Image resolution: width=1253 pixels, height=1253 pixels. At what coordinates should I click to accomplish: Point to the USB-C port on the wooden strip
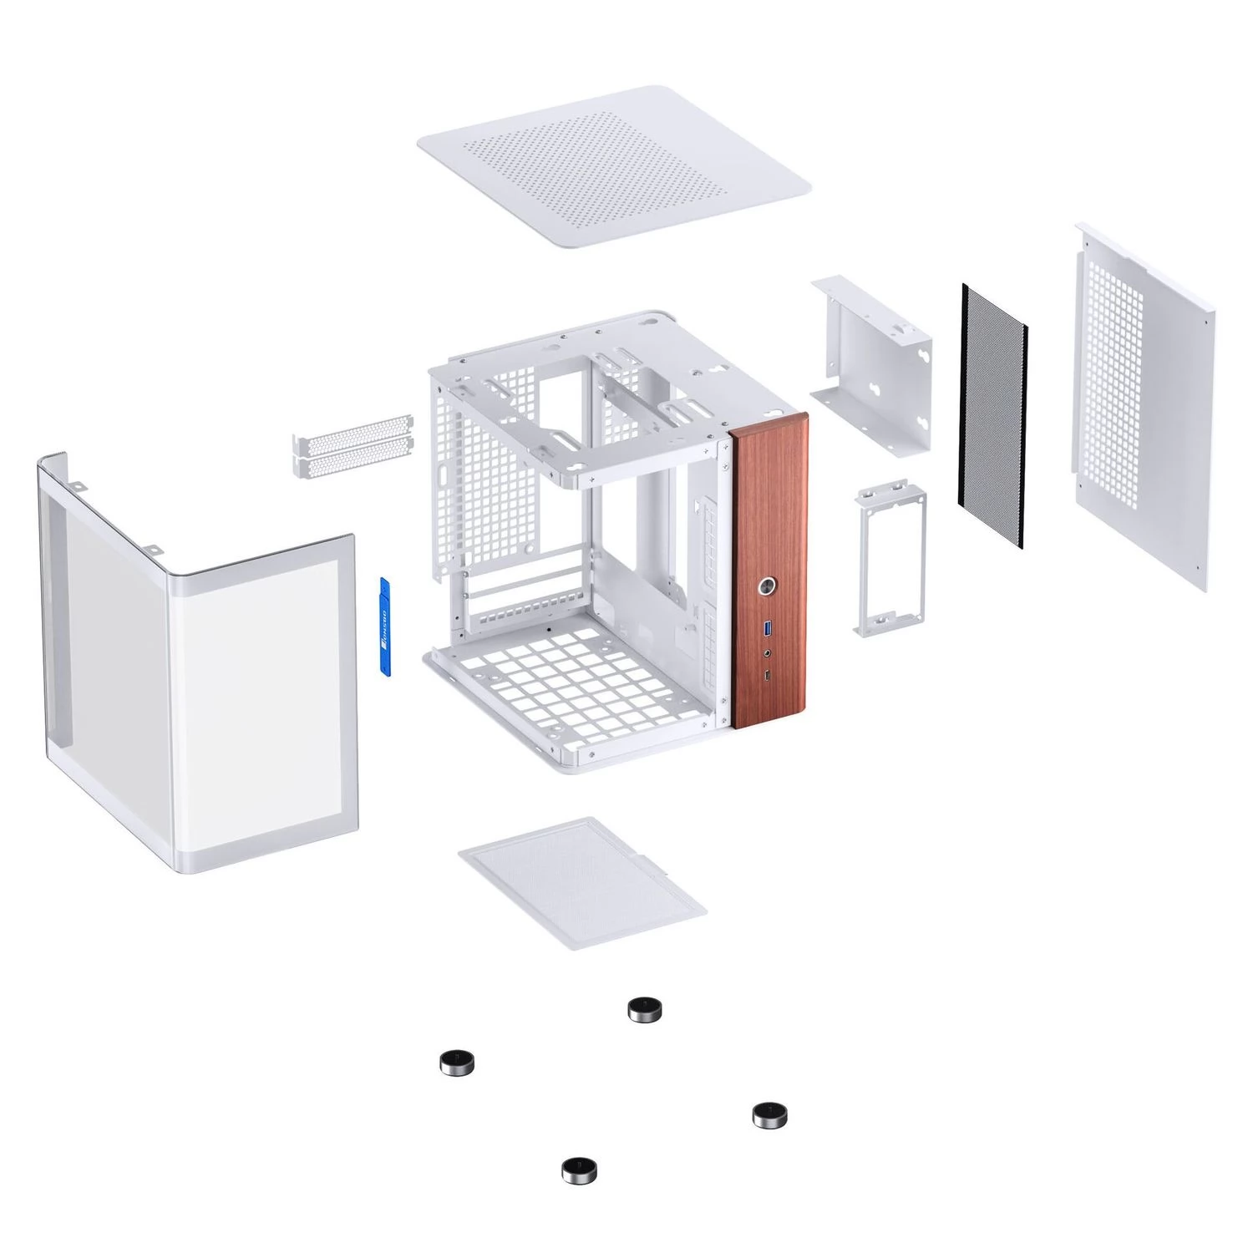(x=768, y=675)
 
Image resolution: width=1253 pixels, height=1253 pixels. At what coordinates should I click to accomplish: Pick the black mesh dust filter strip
(x=992, y=416)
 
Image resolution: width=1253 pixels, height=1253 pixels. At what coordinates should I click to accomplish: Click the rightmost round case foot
(x=769, y=1114)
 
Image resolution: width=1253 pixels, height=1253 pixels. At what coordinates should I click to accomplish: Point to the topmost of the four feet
(x=645, y=1010)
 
